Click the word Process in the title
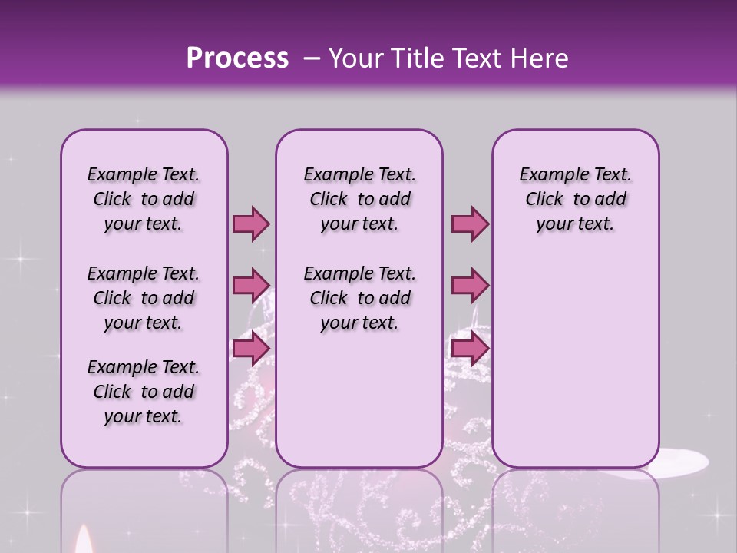point(237,58)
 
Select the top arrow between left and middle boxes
point(251,224)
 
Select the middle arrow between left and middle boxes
point(251,286)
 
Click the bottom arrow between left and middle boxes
point(251,349)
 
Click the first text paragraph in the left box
point(144,199)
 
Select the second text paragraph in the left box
point(144,298)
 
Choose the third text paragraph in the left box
point(144,392)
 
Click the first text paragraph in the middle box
point(360,199)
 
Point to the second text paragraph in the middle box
point(360,298)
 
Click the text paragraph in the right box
point(576,199)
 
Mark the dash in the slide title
point(312,59)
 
